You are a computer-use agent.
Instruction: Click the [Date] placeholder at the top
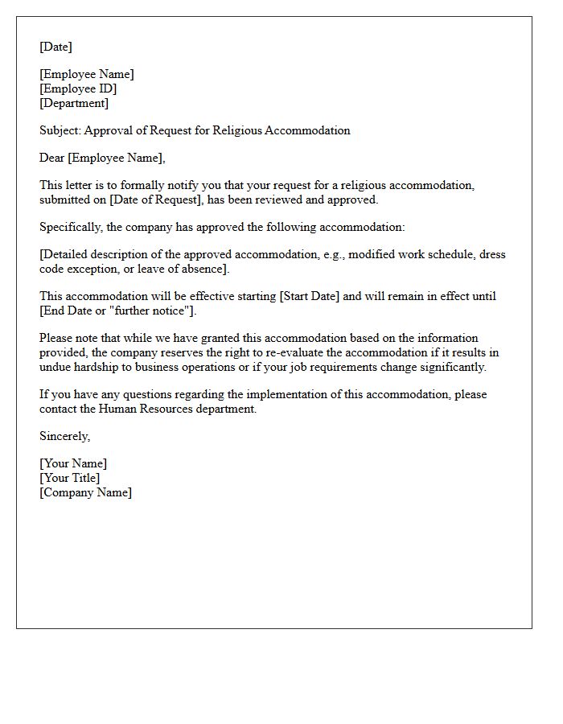tap(55, 47)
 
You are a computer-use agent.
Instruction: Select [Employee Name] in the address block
tap(87, 74)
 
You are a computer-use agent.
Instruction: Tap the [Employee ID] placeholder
tap(78, 88)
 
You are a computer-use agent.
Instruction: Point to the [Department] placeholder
tap(74, 103)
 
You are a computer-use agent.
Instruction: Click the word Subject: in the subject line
tap(60, 130)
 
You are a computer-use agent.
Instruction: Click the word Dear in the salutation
tap(52, 158)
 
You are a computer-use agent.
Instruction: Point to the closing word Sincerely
tap(64, 436)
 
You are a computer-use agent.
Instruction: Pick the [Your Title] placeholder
tap(70, 478)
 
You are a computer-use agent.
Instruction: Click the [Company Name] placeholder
tap(85, 492)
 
